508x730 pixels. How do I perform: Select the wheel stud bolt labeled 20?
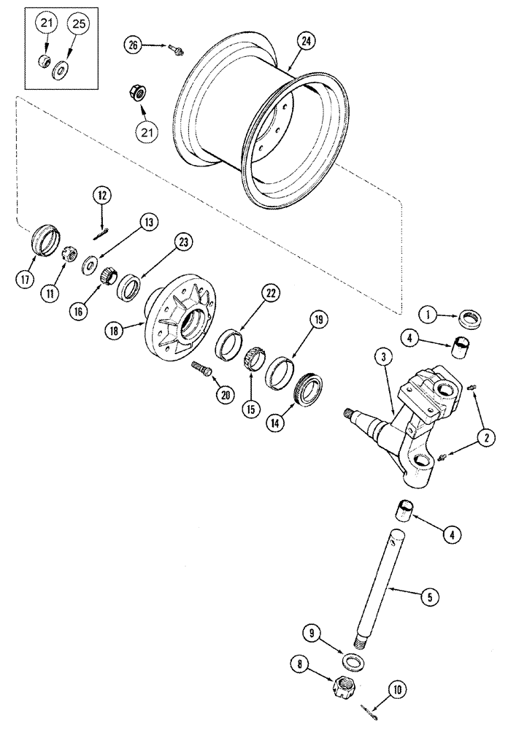pyautogui.click(x=203, y=367)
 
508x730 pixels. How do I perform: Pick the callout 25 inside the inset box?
pyautogui.click(x=78, y=26)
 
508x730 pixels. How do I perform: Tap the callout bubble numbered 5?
pyautogui.click(x=431, y=596)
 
